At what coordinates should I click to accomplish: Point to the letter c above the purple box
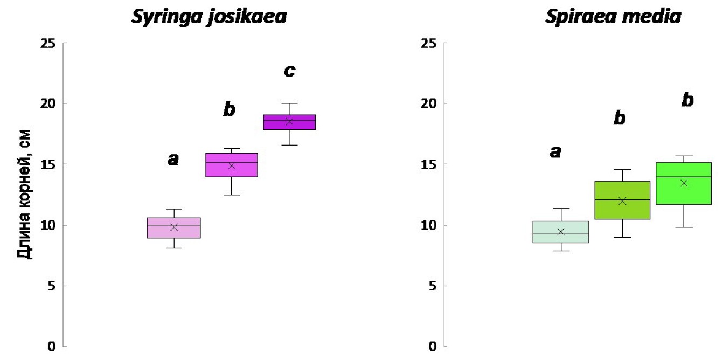[289, 71]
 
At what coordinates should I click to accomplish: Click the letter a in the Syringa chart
[173, 158]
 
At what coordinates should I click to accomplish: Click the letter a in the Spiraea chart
[555, 153]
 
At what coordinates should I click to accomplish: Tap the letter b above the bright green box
[687, 100]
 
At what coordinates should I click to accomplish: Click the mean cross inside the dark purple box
[289, 121]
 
